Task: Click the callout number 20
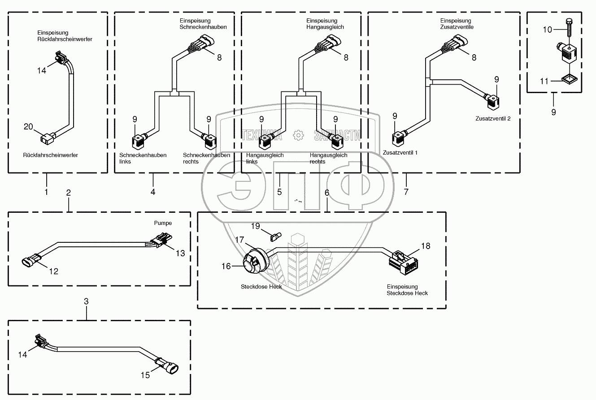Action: (28, 127)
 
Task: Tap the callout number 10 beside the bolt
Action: (548, 30)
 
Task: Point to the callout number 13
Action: (180, 253)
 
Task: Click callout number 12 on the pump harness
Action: (53, 271)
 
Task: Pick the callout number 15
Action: (145, 375)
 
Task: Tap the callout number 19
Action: (255, 226)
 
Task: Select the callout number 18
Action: (426, 246)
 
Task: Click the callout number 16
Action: (226, 266)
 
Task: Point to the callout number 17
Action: (240, 240)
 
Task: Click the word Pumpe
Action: (163, 223)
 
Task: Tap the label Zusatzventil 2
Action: (493, 119)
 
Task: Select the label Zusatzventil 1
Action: (400, 153)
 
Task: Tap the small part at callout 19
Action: (275, 234)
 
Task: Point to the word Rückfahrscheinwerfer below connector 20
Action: (50, 155)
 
